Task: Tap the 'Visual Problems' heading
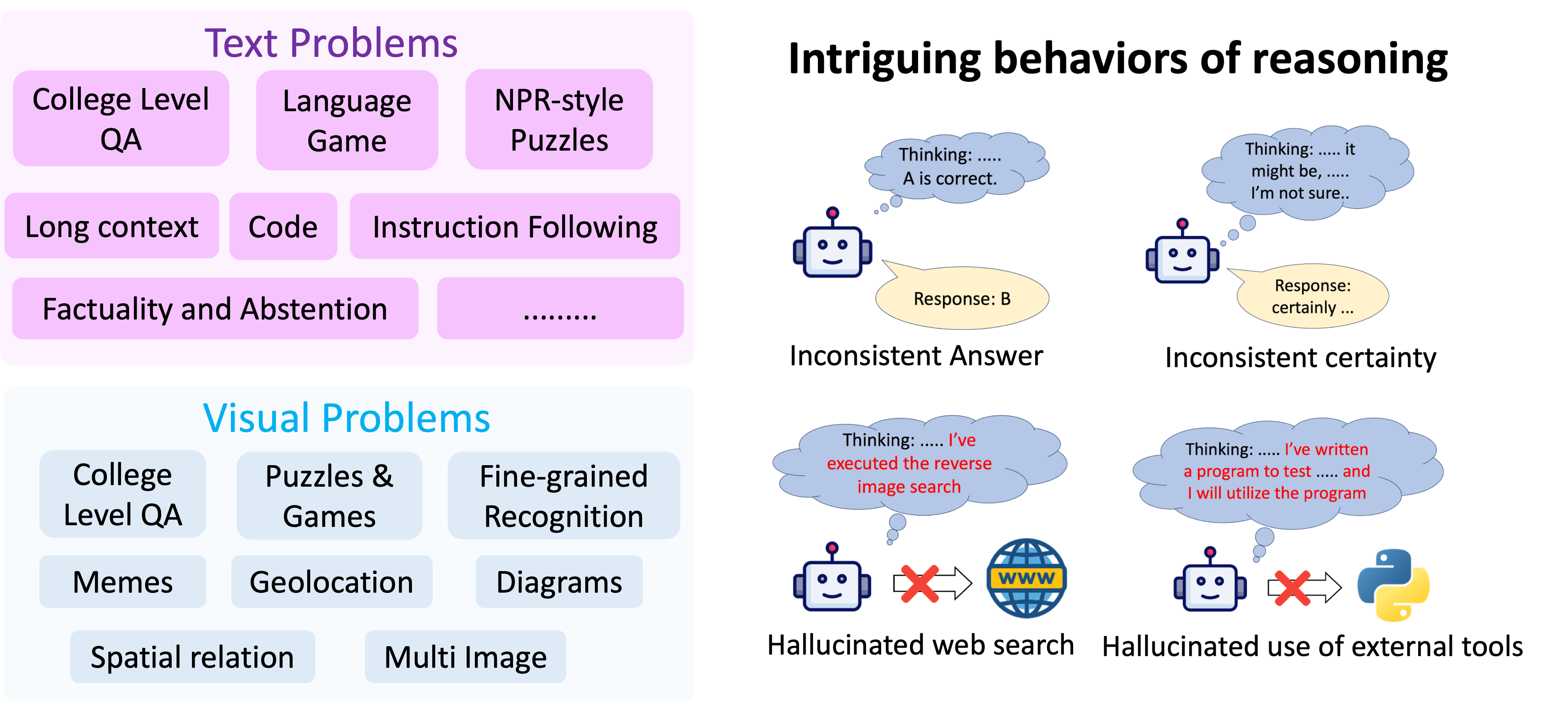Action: [347, 418]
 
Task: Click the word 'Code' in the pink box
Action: [282, 227]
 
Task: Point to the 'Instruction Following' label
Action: [514, 228]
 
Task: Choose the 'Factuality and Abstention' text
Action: [215, 309]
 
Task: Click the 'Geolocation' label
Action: [331, 582]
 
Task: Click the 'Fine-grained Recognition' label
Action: [563, 496]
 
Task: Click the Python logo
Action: [1393, 585]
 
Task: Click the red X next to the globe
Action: [919, 583]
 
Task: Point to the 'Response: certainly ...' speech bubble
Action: [1313, 296]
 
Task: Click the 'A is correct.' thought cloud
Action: [953, 167]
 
